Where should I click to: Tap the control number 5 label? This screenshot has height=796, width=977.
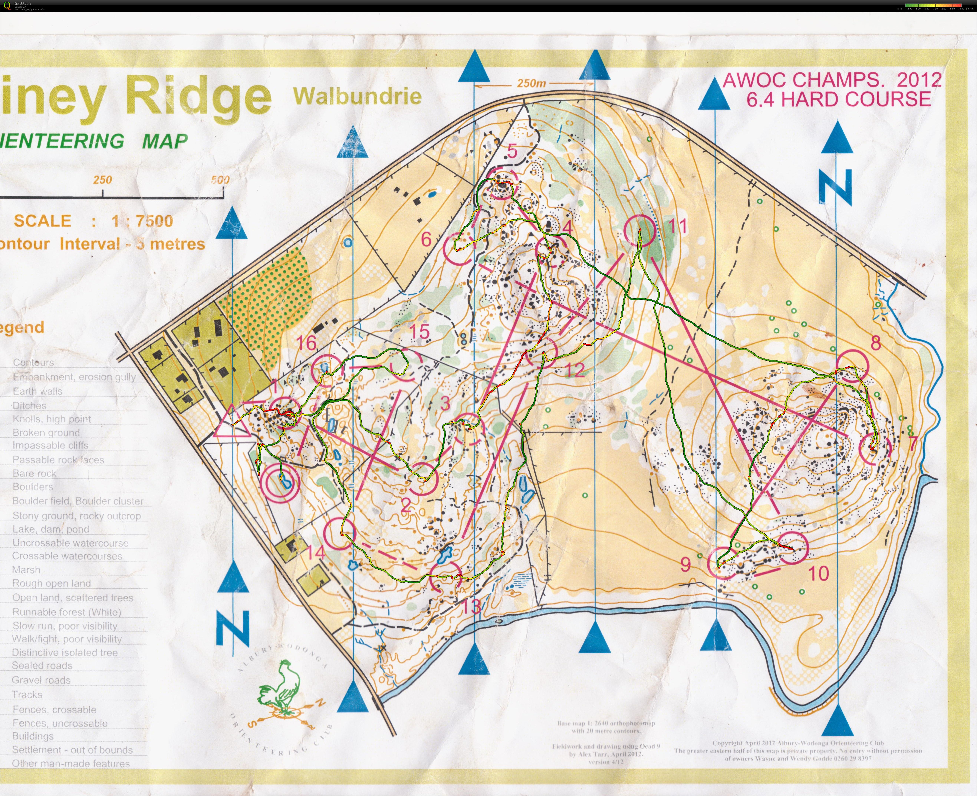(512, 151)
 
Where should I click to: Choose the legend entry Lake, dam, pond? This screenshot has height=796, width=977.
(50, 529)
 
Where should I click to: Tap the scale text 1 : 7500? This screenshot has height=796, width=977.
(142, 221)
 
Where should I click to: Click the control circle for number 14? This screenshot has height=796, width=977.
(339, 533)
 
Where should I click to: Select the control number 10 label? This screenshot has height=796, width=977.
(818, 573)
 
